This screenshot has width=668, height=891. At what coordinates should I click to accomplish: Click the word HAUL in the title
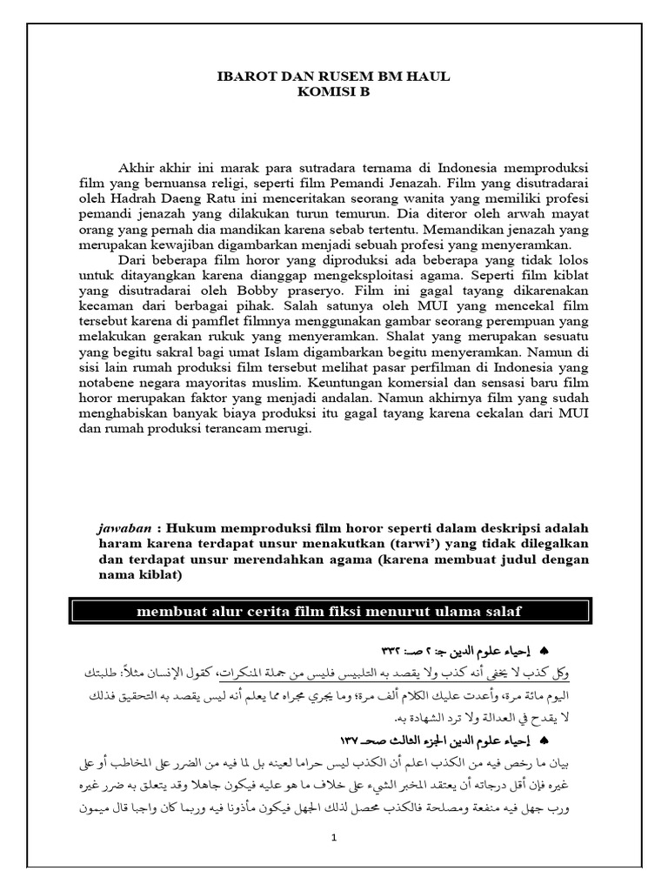pyautogui.click(x=431, y=77)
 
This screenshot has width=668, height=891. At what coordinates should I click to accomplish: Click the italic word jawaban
pyautogui.click(x=125, y=530)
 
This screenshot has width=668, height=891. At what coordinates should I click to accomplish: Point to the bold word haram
pyautogui.click(x=122, y=546)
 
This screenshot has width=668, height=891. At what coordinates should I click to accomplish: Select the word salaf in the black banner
pyautogui.click(x=504, y=612)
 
